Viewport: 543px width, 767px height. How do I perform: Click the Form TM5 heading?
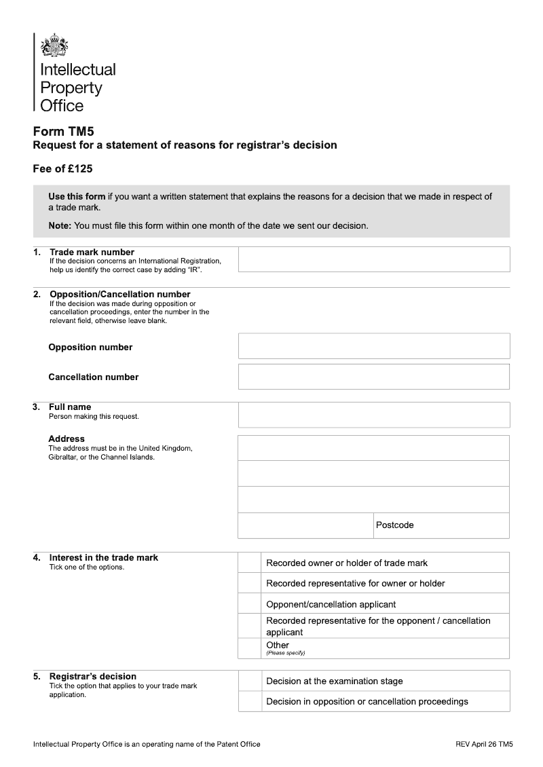[x=59, y=132]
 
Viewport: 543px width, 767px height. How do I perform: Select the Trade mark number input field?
[x=373, y=259]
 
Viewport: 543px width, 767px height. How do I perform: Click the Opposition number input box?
[x=373, y=345]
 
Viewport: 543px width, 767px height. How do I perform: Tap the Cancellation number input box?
[x=373, y=376]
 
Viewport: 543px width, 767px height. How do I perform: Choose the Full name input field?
[x=373, y=414]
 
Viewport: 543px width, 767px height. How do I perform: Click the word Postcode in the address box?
[x=394, y=525]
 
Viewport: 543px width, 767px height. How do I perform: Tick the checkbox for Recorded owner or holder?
[x=250, y=563]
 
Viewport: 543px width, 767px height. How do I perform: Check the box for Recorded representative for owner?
[x=250, y=583]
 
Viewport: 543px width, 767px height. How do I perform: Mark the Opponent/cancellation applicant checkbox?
[x=250, y=603]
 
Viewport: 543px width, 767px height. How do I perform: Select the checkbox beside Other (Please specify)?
[x=250, y=648]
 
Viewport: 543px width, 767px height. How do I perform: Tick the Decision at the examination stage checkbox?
[x=250, y=681]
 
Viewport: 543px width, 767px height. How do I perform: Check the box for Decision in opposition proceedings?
[x=250, y=701]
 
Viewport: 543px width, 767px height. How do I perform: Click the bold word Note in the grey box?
[x=60, y=225]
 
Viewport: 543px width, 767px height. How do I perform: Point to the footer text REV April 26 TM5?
[x=484, y=744]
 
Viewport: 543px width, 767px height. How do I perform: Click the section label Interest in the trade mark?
[x=103, y=557]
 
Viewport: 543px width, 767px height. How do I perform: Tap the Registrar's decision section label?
[x=92, y=676]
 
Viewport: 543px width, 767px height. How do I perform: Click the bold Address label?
[x=67, y=438]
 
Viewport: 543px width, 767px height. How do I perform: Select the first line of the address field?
[x=373, y=448]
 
